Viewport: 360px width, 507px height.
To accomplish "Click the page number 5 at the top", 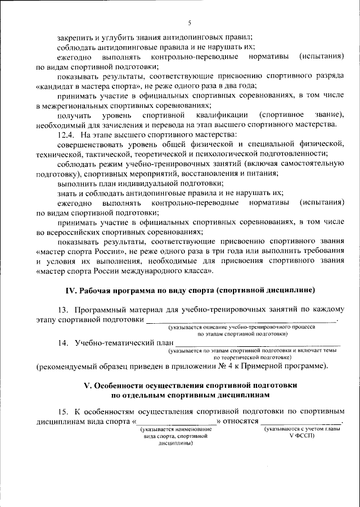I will pyautogui.click(x=190, y=22).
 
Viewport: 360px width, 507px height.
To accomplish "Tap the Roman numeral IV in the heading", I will pyautogui.click(x=71, y=289).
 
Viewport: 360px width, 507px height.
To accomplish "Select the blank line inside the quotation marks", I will pyautogui.click(x=177, y=422).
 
